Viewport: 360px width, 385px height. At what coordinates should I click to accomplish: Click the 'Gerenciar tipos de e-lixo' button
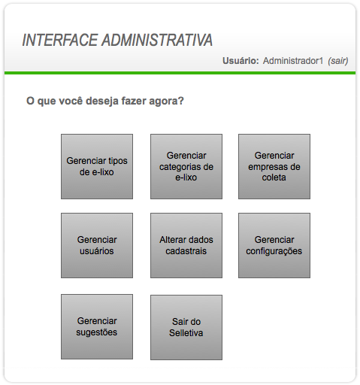(97, 166)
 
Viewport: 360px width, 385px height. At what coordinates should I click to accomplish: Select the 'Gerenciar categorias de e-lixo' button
(186, 166)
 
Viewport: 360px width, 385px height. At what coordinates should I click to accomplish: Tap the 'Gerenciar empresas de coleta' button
(274, 166)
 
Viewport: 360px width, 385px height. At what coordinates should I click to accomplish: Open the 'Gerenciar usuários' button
(97, 245)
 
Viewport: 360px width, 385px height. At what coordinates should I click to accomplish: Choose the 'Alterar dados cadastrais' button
(186, 245)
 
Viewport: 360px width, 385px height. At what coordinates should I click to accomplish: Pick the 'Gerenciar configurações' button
(274, 245)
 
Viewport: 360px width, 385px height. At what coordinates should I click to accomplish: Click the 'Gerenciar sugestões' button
(97, 326)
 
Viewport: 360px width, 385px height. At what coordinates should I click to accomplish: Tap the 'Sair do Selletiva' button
(186, 327)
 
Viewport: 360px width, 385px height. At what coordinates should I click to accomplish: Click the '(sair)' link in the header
(338, 61)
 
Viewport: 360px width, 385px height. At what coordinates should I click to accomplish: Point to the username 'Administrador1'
(293, 61)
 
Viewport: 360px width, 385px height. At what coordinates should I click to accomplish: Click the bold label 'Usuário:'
(241, 61)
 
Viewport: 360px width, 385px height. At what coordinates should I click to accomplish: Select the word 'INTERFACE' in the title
(60, 40)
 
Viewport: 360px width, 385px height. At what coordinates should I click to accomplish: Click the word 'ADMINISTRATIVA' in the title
(157, 40)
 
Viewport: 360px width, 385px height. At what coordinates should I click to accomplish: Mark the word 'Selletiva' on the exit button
(186, 333)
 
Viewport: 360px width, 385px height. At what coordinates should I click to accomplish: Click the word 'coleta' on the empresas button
(274, 177)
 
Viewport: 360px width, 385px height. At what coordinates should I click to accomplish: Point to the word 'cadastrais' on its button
(186, 251)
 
